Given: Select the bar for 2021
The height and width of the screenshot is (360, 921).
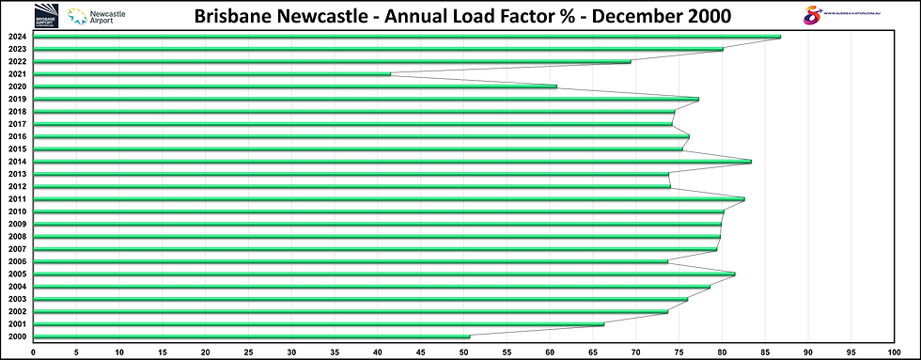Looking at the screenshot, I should [212, 74].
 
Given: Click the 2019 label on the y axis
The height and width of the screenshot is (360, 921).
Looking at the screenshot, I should [16, 99].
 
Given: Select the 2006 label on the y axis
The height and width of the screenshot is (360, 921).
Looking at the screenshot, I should [16, 261].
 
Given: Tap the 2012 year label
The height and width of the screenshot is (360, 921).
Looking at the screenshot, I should [16, 186].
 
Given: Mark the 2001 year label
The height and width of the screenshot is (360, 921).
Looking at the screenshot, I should [16, 324].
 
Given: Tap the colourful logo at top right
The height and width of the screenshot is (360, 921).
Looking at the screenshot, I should [815, 15].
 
